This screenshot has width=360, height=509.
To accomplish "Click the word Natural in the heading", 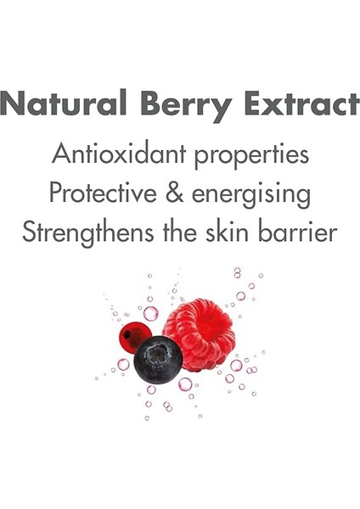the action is [64, 103].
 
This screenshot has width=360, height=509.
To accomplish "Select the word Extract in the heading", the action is [302, 103].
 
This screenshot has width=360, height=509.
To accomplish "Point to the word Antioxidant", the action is [119, 154].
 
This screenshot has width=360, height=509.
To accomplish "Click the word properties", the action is [251, 157].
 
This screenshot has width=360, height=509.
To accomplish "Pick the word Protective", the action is [104, 193].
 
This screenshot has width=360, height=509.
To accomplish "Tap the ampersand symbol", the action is [174, 193].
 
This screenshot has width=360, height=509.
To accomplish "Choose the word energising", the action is [251, 196].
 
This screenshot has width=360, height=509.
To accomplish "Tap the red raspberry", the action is [199, 334].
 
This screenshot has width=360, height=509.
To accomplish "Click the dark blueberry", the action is [158, 360].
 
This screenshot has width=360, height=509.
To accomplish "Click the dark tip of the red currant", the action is [127, 333].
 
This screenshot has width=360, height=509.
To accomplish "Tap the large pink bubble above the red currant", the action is [151, 313].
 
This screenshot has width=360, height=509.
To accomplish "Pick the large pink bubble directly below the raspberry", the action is [185, 383].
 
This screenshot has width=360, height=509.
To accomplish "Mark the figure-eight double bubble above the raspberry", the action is [238, 272].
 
